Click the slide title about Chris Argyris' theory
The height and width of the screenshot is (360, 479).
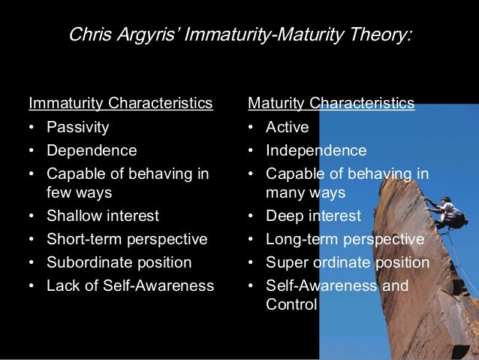[x=239, y=35]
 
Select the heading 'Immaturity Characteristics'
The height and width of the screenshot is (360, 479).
[x=120, y=103]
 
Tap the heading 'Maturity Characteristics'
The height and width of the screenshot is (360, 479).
[x=331, y=103]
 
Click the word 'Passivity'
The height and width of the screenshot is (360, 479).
[x=77, y=127]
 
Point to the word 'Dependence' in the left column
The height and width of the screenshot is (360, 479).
[x=92, y=150]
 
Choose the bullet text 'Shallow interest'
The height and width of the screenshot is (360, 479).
[x=103, y=216]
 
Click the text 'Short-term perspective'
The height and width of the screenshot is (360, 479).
[x=127, y=240]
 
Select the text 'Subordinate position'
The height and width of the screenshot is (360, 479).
[x=119, y=263]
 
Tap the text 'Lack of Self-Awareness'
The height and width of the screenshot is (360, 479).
[x=130, y=286]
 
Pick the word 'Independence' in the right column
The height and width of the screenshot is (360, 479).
[x=316, y=150]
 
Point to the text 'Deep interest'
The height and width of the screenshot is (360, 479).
[x=313, y=216]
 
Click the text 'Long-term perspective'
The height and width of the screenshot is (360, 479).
[x=345, y=240]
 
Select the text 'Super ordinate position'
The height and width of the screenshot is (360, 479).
[x=348, y=263]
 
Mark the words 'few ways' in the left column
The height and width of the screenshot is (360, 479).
[x=79, y=193]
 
